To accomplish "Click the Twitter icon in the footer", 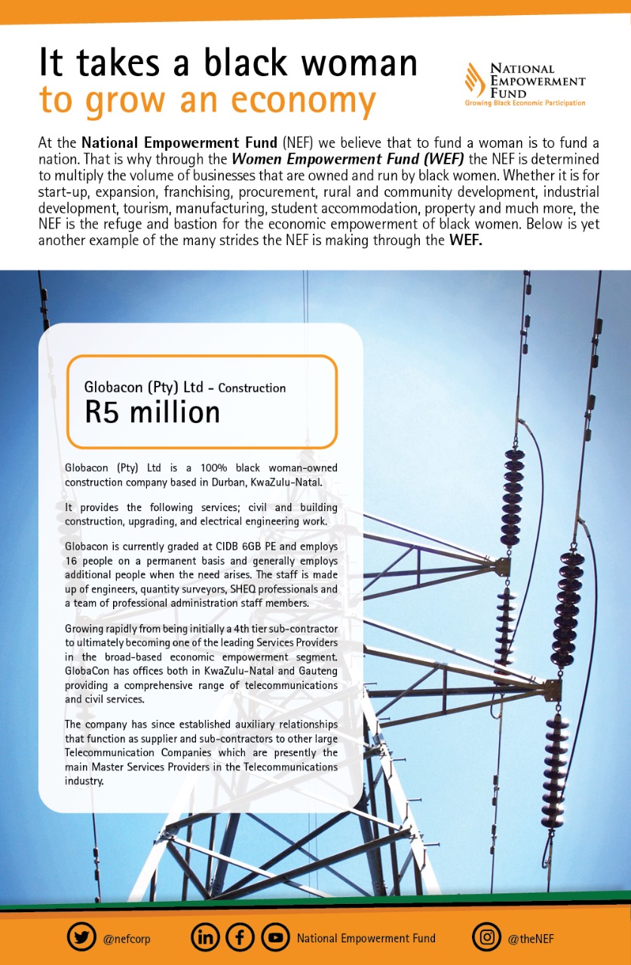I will pyautogui.click(x=81, y=937).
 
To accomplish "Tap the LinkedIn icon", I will pyautogui.click(x=205, y=937).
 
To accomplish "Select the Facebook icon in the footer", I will pyautogui.click(x=240, y=937).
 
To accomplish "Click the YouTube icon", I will pyautogui.click(x=275, y=937).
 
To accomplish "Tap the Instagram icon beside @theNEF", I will pyautogui.click(x=487, y=937).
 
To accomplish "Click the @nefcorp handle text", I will pyautogui.click(x=127, y=939).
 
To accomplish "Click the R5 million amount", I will pyautogui.click(x=152, y=412).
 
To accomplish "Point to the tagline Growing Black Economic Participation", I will pyautogui.click(x=525, y=103).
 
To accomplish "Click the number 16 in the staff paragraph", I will pyautogui.click(x=73, y=558).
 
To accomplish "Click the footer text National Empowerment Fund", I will pyautogui.click(x=366, y=939).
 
